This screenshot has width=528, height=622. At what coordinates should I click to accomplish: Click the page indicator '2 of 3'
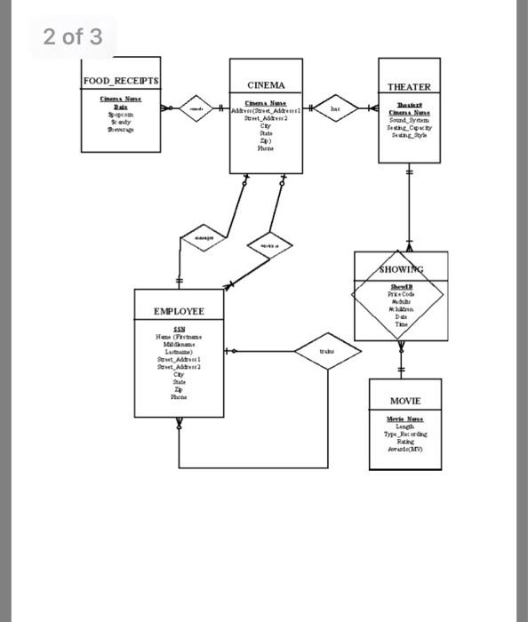pos(73,36)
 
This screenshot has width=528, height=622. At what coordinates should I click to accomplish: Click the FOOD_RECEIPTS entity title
pos(121,81)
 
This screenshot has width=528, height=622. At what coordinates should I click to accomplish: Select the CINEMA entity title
pos(266,85)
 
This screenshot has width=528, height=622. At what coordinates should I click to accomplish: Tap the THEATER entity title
pos(409,87)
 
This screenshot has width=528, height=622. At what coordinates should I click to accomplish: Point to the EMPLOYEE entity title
pos(178,312)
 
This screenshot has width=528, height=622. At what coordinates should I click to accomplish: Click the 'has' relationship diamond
pos(335,108)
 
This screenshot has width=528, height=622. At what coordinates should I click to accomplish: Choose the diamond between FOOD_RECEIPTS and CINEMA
pos(194,108)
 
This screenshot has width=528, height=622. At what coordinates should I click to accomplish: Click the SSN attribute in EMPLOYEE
pos(178,329)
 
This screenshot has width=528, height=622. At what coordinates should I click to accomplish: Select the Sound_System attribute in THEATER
pos(409,120)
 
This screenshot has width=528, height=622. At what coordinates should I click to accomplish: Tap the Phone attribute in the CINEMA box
pos(266,149)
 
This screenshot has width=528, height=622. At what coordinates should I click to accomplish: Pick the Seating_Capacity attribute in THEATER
pos(409,128)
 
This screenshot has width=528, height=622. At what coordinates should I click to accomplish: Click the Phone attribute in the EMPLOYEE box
pos(178,398)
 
